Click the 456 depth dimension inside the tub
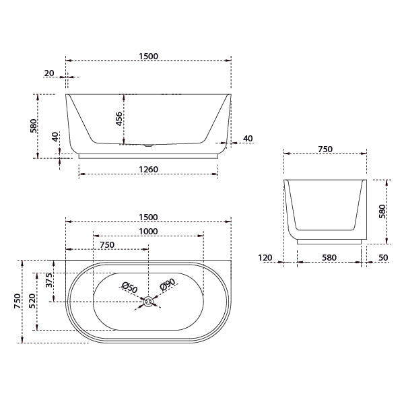[x=119, y=119]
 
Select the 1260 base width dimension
[x=148, y=169]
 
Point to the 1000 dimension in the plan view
[x=148, y=231]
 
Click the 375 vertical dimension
[x=49, y=280]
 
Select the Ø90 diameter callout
[x=168, y=285]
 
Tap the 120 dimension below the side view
[x=265, y=257]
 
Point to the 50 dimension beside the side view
[x=382, y=257]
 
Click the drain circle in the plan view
[x=148, y=303]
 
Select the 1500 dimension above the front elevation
[x=148, y=56]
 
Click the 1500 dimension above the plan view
[x=148, y=217]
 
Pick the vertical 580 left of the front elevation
[x=34, y=127]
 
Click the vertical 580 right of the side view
[x=382, y=211]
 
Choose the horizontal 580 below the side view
[x=329, y=257]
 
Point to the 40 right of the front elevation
[x=247, y=139]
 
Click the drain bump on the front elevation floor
[x=148, y=144]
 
